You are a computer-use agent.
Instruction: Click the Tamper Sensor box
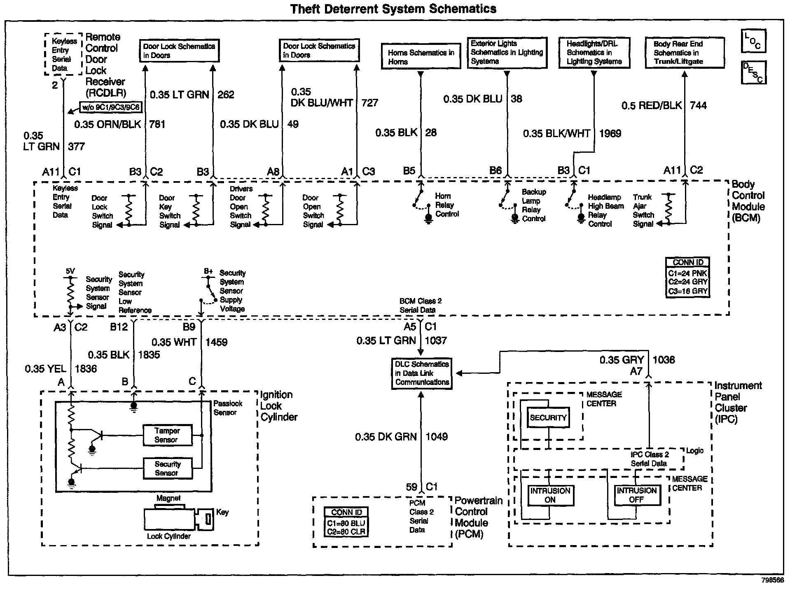tap(167, 435)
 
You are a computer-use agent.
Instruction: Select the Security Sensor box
tap(167, 468)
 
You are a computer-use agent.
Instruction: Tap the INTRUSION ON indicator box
tap(550, 495)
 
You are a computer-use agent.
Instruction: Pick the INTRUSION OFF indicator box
tap(636, 495)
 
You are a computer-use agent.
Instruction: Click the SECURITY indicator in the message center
tap(548, 417)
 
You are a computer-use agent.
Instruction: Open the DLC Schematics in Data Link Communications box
tap(422, 373)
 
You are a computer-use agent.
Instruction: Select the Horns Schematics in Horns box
tap(421, 57)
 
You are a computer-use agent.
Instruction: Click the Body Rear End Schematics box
tap(684, 53)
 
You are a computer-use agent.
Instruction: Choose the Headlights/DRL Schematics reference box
tap(594, 53)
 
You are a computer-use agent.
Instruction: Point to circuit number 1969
tap(610, 133)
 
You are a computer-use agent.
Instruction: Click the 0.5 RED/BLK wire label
tap(652, 106)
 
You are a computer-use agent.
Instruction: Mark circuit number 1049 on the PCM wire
tap(437, 437)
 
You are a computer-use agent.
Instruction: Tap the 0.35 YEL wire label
tap(45, 369)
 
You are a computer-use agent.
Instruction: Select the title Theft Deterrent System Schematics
tap(393, 9)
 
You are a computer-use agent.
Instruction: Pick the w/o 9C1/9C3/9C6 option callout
tap(111, 108)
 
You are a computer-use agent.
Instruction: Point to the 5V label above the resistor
tap(70, 271)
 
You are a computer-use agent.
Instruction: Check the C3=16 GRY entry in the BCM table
tap(687, 291)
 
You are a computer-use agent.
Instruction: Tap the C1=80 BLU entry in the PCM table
tap(346, 523)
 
